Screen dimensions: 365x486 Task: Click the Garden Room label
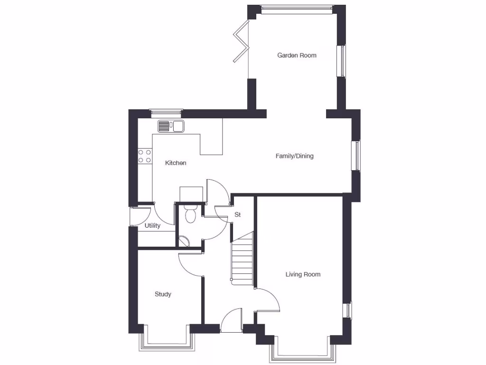pyautogui.click(x=297, y=55)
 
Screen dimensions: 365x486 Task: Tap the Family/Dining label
pyautogui.click(x=294, y=156)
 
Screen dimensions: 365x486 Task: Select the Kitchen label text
pyautogui.click(x=176, y=163)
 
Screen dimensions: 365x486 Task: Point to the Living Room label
pyautogui.click(x=303, y=274)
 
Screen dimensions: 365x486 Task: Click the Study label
pyautogui.click(x=163, y=294)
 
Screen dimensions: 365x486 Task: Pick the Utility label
pyautogui.click(x=152, y=226)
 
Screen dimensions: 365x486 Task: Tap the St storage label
pyautogui.click(x=238, y=215)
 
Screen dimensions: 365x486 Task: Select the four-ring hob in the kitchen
pyautogui.click(x=145, y=156)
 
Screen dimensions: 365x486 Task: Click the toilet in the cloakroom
pyautogui.click(x=190, y=214)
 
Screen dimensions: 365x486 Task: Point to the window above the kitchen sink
pyautogui.click(x=166, y=113)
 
